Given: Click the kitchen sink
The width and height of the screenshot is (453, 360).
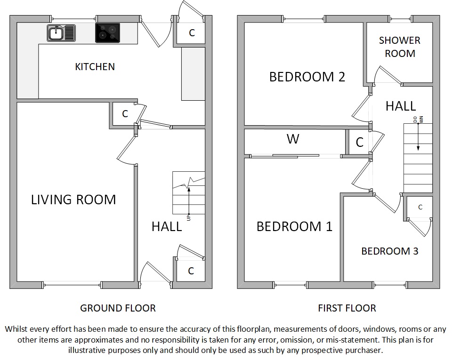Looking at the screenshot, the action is [x=61, y=33].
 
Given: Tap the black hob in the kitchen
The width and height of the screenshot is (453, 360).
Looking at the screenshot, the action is [x=107, y=33].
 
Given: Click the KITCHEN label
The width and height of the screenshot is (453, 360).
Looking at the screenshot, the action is [x=95, y=67].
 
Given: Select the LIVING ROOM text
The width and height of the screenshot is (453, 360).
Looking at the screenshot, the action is [x=73, y=200].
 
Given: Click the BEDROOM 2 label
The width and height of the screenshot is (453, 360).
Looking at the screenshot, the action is [x=307, y=77].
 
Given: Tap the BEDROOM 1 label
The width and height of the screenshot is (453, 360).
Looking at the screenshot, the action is [x=294, y=226].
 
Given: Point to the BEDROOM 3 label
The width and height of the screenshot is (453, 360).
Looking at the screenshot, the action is [x=390, y=251].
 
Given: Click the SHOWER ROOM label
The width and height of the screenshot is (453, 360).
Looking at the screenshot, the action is [x=400, y=47].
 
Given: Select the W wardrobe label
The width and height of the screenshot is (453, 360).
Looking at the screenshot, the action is [x=293, y=139].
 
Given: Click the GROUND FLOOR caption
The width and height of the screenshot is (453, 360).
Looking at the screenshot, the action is [x=118, y=308].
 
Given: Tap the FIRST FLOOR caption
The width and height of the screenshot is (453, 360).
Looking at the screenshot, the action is [x=347, y=308].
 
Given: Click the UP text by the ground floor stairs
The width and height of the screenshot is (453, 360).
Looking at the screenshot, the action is [x=189, y=218].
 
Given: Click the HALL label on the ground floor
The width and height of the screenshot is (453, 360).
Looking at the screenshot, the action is [x=167, y=227].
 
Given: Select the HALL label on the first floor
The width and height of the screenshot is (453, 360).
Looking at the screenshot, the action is [x=401, y=106].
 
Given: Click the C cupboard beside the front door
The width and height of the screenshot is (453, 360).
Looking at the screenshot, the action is [x=191, y=271].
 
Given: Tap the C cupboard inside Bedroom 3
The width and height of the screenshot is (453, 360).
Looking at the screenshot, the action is [x=421, y=207].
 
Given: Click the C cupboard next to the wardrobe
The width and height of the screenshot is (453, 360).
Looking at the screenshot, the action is [x=359, y=142].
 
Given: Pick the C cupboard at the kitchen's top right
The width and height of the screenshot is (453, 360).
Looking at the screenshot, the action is [x=192, y=33].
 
